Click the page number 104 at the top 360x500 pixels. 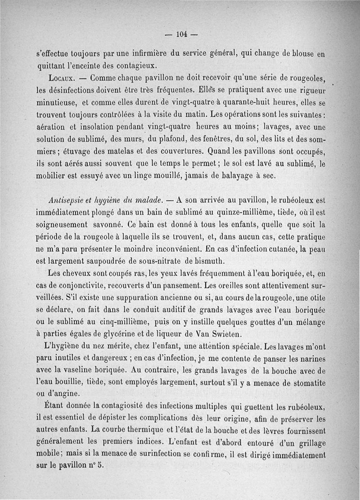181,34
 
